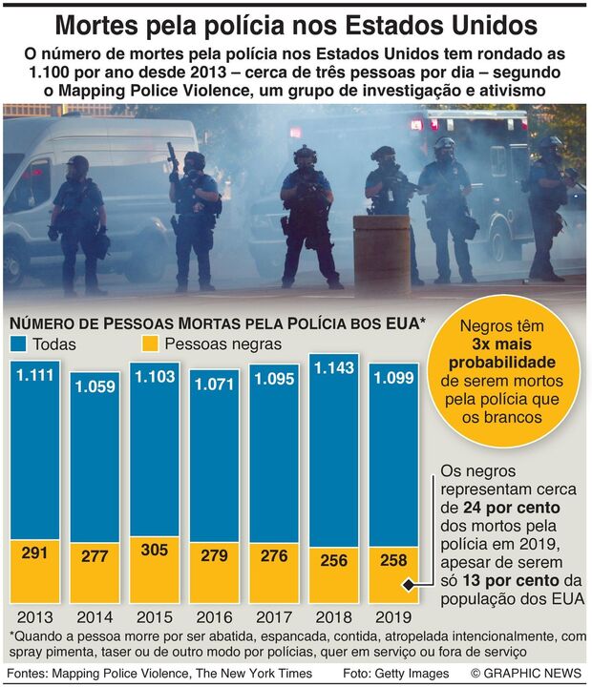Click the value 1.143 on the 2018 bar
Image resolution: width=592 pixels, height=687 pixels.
333,367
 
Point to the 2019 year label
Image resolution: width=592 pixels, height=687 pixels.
392,616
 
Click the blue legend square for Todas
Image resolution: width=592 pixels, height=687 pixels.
18,343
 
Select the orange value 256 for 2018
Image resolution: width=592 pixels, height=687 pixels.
333,561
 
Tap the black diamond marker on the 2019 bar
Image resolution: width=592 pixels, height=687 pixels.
408,586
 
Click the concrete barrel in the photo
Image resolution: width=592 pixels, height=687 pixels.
381,253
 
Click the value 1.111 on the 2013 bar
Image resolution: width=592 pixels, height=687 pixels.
34,377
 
